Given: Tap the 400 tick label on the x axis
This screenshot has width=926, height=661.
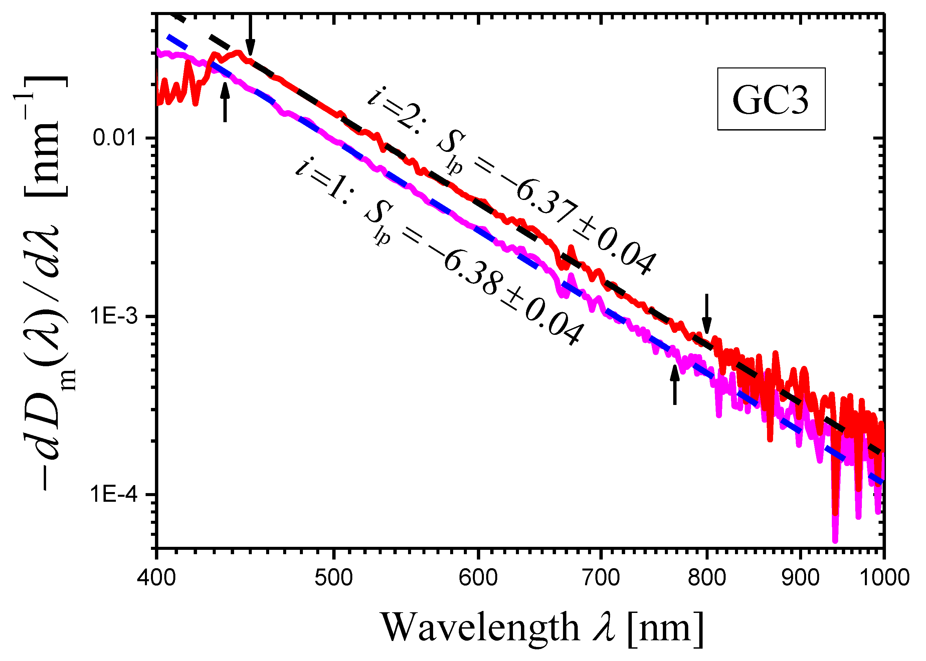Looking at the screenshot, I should click(x=156, y=578).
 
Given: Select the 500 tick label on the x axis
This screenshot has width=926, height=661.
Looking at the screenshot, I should click(x=334, y=578).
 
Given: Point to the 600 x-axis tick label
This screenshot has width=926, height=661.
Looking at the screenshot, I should click(x=478, y=578).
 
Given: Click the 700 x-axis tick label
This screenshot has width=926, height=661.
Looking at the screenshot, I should click(x=601, y=578).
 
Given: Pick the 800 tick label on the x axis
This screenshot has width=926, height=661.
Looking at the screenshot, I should click(x=707, y=578).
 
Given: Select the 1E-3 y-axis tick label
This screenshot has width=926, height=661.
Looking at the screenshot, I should click(x=114, y=316).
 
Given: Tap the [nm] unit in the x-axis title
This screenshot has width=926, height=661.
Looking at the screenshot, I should click(x=666, y=627).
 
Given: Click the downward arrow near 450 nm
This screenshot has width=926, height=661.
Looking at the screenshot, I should click(x=250, y=35).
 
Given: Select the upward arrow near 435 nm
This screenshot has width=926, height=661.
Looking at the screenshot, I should click(x=225, y=102).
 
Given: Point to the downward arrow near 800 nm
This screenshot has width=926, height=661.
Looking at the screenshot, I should click(x=707, y=313).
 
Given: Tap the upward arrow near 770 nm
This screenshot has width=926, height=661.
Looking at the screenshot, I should click(x=675, y=385).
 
